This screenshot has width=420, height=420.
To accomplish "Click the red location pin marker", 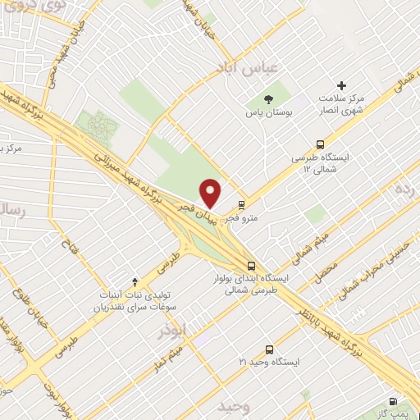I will [211, 193].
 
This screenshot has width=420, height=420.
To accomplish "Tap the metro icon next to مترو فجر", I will [240, 205].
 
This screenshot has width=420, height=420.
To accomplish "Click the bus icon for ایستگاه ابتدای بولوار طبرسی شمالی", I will [253, 265].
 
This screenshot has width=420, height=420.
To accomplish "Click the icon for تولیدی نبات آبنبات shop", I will [135, 281].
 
